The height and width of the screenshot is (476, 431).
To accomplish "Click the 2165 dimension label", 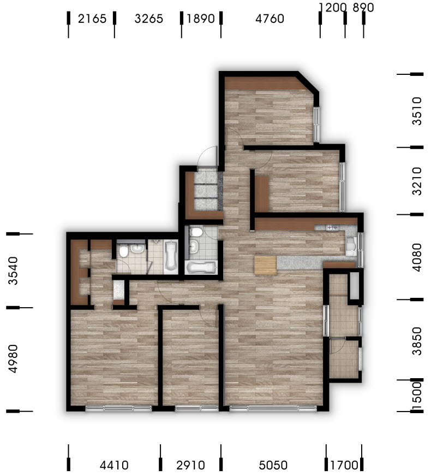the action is tap(92, 19).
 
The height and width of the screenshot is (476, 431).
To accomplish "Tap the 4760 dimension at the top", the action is tap(270, 19).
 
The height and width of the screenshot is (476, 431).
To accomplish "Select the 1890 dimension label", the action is tap(201, 19).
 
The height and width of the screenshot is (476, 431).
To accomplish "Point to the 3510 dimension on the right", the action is tap(417, 111).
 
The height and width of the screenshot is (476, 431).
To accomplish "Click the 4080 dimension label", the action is tap(417, 257).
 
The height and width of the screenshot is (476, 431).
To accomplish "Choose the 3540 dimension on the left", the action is tap(13, 271).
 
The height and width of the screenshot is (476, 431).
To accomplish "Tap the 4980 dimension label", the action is tap(13, 359).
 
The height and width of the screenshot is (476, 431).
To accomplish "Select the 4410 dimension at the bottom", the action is tap(114, 465).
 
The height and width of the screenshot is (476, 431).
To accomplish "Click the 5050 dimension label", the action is tap(273, 465).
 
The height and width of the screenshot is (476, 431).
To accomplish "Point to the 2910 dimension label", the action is tap(190, 465).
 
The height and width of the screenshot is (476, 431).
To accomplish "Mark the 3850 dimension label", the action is tap(417, 341).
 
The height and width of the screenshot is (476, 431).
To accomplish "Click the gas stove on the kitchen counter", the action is tap(332, 227).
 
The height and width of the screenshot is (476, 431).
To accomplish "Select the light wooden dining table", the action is tap(266, 265).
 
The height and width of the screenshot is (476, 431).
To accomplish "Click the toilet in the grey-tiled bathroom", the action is tap(196, 232).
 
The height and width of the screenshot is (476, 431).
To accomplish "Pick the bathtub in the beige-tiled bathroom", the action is tap(171, 255).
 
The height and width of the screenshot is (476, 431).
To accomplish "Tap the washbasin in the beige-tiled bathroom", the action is tap(138, 249).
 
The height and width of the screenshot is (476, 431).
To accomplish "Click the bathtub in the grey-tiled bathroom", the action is tap(201, 267).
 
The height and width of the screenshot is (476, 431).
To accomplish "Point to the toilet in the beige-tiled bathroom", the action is tap(123, 251).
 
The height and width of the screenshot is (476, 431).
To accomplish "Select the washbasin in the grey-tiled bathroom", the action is tap(193, 246).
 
